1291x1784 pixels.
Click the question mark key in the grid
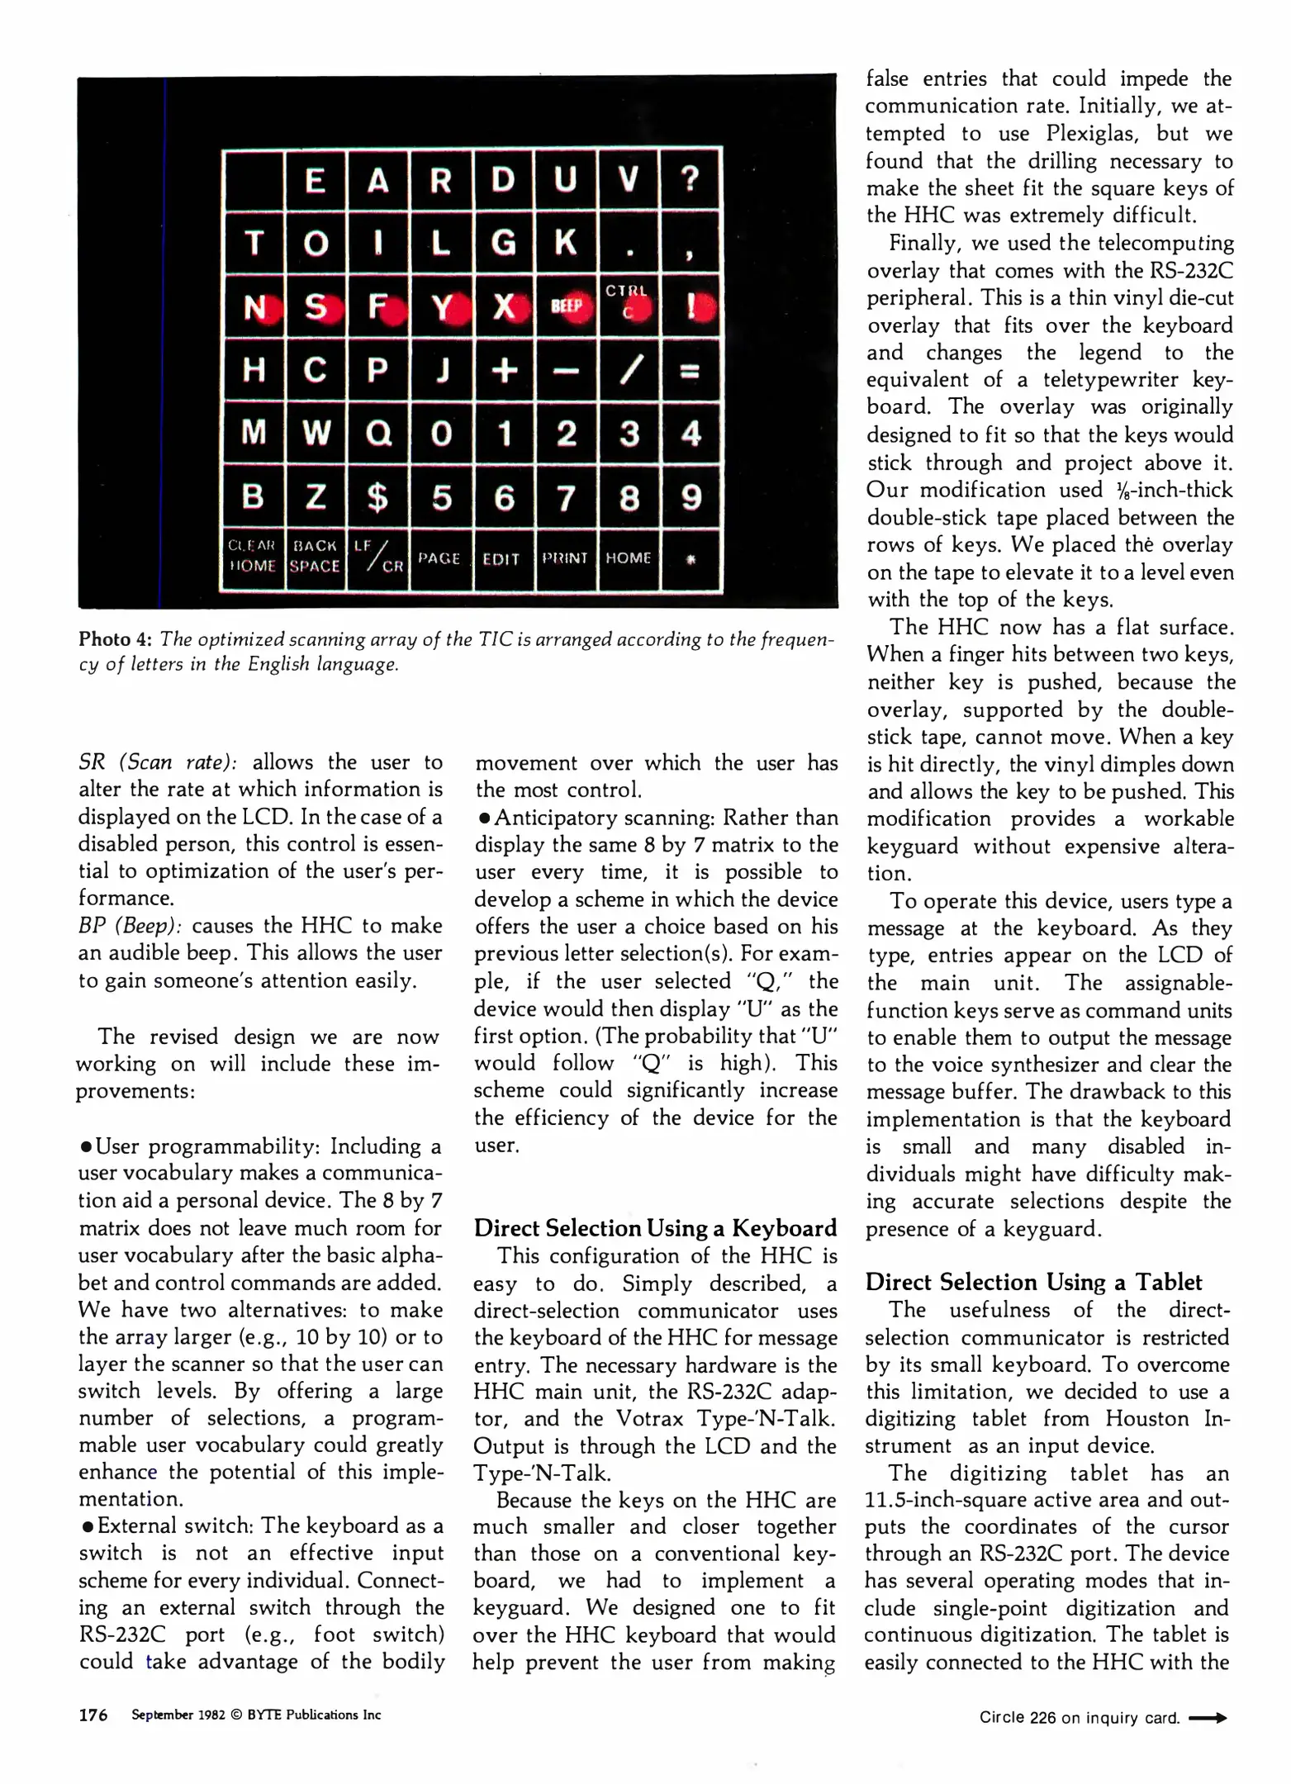click(x=691, y=178)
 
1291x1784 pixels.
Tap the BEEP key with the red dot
click(x=567, y=306)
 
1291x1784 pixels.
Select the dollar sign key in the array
click(x=377, y=497)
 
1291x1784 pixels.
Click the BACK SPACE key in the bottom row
click(x=315, y=557)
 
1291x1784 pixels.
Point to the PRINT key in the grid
click(x=565, y=558)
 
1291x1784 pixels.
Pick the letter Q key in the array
click(x=378, y=433)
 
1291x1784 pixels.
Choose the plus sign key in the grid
click(x=504, y=370)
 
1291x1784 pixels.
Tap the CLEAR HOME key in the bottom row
click(x=252, y=557)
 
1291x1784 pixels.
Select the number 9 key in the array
click(x=691, y=497)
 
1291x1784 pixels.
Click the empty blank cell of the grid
click(x=254, y=179)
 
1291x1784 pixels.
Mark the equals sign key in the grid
click(x=691, y=371)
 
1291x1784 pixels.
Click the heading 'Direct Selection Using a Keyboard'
click(x=655, y=1228)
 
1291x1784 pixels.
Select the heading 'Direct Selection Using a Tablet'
click(x=1033, y=1282)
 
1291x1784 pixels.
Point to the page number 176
click(x=93, y=1715)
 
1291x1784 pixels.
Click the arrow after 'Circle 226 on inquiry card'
click(x=1208, y=1718)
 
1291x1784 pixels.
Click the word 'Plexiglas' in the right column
click(x=1087, y=134)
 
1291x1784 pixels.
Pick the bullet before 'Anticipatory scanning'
click(x=483, y=818)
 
